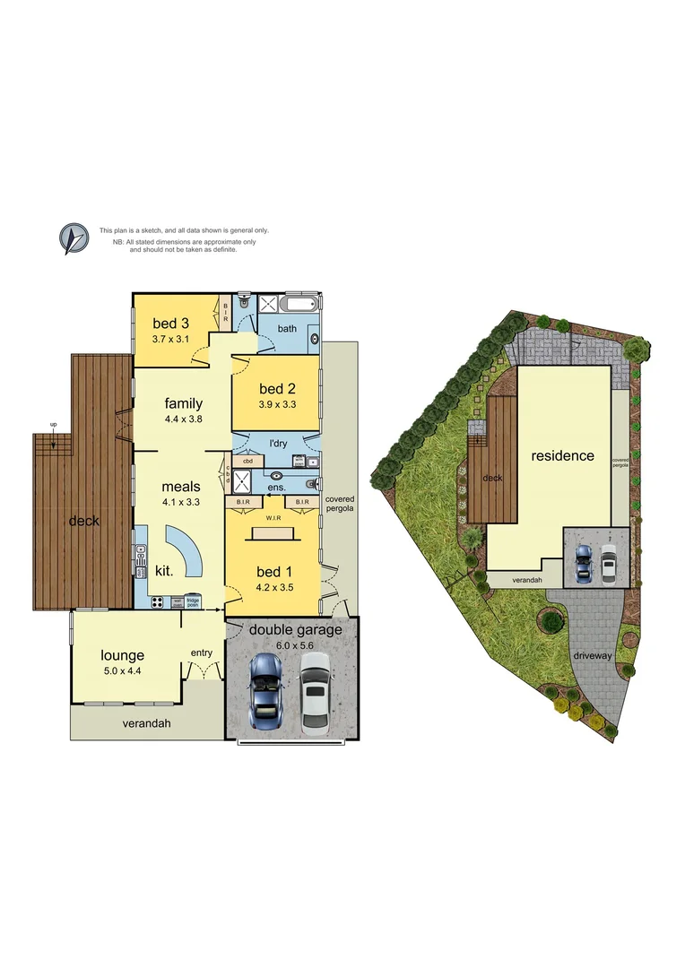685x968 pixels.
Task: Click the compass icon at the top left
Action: pyautogui.click(x=74, y=238)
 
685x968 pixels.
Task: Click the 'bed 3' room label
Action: pyautogui.click(x=169, y=324)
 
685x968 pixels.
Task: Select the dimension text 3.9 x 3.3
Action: pyautogui.click(x=276, y=405)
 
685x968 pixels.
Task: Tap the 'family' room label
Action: pyautogui.click(x=183, y=403)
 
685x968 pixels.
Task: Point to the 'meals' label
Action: pyautogui.click(x=180, y=487)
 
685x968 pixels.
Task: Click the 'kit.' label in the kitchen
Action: pyautogui.click(x=163, y=570)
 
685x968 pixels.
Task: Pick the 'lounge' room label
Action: pyautogui.click(x=122, y=655)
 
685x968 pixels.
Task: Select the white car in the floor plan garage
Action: pyautogui.click(x=315, y=693)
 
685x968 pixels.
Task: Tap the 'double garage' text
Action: pyautogui.click(x=295, y=630)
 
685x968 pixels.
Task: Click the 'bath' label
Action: pyautogui.click(x=287, y=328)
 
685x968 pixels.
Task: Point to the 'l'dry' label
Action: pyautogui.click(x=279, y=444)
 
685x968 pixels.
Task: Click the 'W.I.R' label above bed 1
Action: pyautogui.click(x=275, y=516)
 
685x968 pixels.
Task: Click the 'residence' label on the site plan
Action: pyautogui.click(x=562, y=455)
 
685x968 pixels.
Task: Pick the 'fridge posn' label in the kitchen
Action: pyautogui.click(x=193, y=601)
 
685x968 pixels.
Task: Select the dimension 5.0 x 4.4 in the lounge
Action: pyautogui.click(x=122, y=671)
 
